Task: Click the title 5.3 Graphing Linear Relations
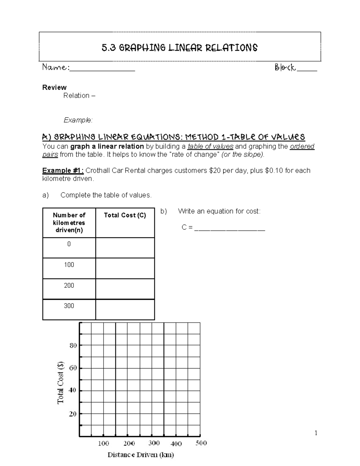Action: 179,48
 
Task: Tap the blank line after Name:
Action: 102,69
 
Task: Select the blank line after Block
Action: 307,69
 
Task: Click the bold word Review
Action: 54,87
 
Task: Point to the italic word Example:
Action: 78,120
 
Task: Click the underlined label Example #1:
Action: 63,170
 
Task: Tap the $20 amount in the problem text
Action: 214,170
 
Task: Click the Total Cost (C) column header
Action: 125,215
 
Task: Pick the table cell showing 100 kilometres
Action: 69,265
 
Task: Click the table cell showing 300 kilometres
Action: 69,306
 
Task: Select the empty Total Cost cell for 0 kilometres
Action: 125,248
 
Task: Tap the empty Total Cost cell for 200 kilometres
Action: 125,289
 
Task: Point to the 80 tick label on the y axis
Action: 73,345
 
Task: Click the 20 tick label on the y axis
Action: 73,414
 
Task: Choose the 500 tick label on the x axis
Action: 201,443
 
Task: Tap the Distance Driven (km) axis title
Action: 141,455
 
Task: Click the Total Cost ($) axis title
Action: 61,382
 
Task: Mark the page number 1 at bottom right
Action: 316,433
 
